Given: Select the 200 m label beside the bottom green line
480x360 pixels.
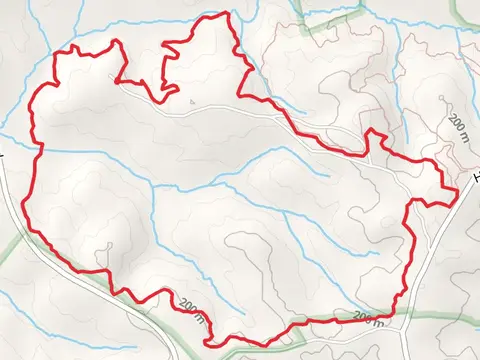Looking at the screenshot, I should point(368,318).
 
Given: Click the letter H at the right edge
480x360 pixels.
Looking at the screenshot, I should point(476,180).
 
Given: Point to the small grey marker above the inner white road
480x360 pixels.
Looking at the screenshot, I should point(190,100).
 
